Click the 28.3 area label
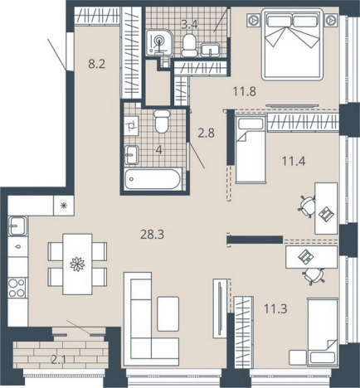pyautogui.click(x=152, y=235)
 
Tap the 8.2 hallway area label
pyautogui.click(x=97, y=65)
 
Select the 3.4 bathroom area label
pyautogui.click(x=189, y=25)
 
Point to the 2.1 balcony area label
pyautogui.click(x=59, y=360)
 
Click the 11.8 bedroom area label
pyautogui.click(x=245, y=91)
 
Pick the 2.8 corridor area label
pyautogui.click(x=207, y=133)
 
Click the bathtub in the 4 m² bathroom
pyautogui.click(x=153, y=179)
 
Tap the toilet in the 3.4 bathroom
pyautogui.click(x=189, y=46)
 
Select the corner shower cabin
pyautogui.click(x=159, y=42)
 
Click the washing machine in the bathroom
pyautogui.click(x=132, y=126)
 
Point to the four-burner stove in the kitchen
pyautogui.click(x=17, y=288)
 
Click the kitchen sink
pyautogui.click(x=17, y=226)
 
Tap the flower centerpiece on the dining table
pyautogui.click(x=77, y=264)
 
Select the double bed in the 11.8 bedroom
pyautogui.click(x=292, y=45)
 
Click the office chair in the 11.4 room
pyautogui.click(x=306, y=206)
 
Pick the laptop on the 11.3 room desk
pyautogui.click(x=307, y=257)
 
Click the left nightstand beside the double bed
pyautogui.click(x=253, y=20)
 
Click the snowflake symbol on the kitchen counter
pyautogui.click(x=64, y=205)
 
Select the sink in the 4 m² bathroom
pyautogui.click(x=131, y=155)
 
